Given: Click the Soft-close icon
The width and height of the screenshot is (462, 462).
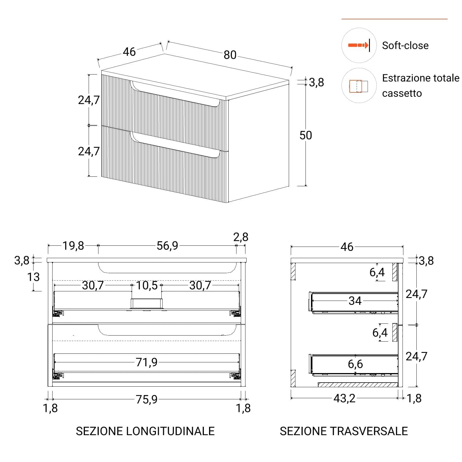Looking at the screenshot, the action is click(359, 45).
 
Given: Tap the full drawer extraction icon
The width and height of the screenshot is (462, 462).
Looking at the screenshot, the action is click(359, 86).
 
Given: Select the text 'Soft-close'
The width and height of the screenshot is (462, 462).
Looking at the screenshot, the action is click(405, 46).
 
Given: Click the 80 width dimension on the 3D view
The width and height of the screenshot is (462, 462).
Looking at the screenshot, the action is click(230, 55).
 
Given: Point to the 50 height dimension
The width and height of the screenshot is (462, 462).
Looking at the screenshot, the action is click(305, 135).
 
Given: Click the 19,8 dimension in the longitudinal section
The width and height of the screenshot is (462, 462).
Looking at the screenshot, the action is click(73, 246).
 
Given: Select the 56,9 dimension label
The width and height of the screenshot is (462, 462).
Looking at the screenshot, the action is click(167, 246).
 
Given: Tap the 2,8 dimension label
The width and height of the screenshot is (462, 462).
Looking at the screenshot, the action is click(241, 237).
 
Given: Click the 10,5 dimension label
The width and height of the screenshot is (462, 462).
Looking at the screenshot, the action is click(147, 285).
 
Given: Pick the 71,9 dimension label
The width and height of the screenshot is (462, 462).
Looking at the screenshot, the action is click(147, 362).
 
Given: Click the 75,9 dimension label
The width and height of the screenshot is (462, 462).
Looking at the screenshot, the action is click(147, 399).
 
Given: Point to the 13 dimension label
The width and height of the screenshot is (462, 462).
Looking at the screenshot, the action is click(33, 277).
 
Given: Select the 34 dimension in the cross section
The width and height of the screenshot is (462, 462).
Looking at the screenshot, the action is click(355, 301).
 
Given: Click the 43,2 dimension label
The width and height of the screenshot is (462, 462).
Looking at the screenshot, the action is click(344, 398).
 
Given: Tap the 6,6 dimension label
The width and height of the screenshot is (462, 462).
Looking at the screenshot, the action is click(355, 364).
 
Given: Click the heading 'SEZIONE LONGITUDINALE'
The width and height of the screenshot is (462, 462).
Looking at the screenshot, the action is click(145, 431).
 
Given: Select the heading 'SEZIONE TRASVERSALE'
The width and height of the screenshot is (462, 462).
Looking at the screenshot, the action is click(344, 431).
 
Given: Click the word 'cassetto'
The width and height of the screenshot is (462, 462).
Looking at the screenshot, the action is click(402, 94).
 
